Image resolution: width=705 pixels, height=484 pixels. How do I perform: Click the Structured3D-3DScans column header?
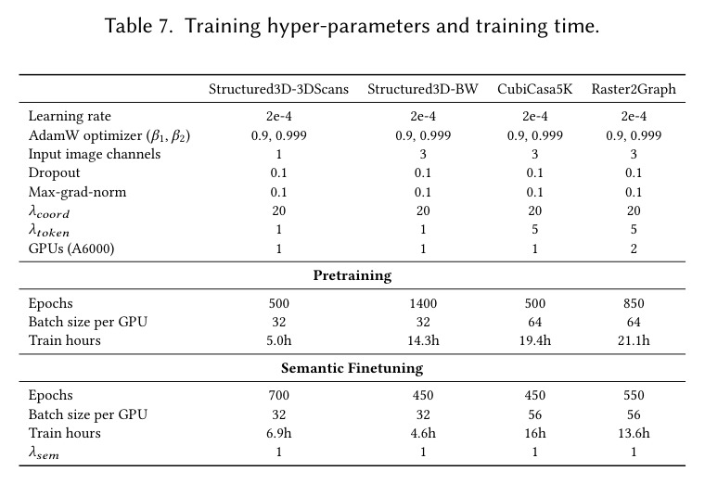pos(279,89)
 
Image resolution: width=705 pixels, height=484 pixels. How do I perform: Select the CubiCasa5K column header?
pos(535,89)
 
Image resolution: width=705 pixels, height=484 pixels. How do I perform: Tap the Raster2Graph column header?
pos(634,89)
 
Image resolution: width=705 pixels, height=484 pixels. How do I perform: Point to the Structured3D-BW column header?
pos(423,89)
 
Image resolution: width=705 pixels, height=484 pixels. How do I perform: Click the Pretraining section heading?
pos(352,275)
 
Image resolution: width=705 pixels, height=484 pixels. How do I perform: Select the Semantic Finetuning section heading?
pos(352,368)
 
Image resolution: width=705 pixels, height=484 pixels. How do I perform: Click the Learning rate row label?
pos(70,116)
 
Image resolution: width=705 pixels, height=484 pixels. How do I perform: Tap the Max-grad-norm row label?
pos(77,192)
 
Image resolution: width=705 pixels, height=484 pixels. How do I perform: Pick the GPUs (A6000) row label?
pos(71,248)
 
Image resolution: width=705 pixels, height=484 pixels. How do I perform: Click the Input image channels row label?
pos(95,154)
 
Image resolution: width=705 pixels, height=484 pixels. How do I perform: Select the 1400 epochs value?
pos(423,303)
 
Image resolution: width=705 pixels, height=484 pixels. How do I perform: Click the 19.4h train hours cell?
pos(535,340)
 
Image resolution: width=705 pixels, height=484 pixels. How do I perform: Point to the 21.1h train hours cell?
pos(634,340)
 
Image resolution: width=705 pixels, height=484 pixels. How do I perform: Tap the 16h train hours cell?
pos(535,433)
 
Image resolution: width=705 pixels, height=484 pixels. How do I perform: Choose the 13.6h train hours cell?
pos(634,433)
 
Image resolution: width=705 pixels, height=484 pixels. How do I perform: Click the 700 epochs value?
pos(279,396)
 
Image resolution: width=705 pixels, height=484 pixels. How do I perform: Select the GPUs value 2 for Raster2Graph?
pos(634,248)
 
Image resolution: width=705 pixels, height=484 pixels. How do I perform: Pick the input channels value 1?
pos(279,154)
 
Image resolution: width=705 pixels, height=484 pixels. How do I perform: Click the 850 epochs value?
pos(634,303)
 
